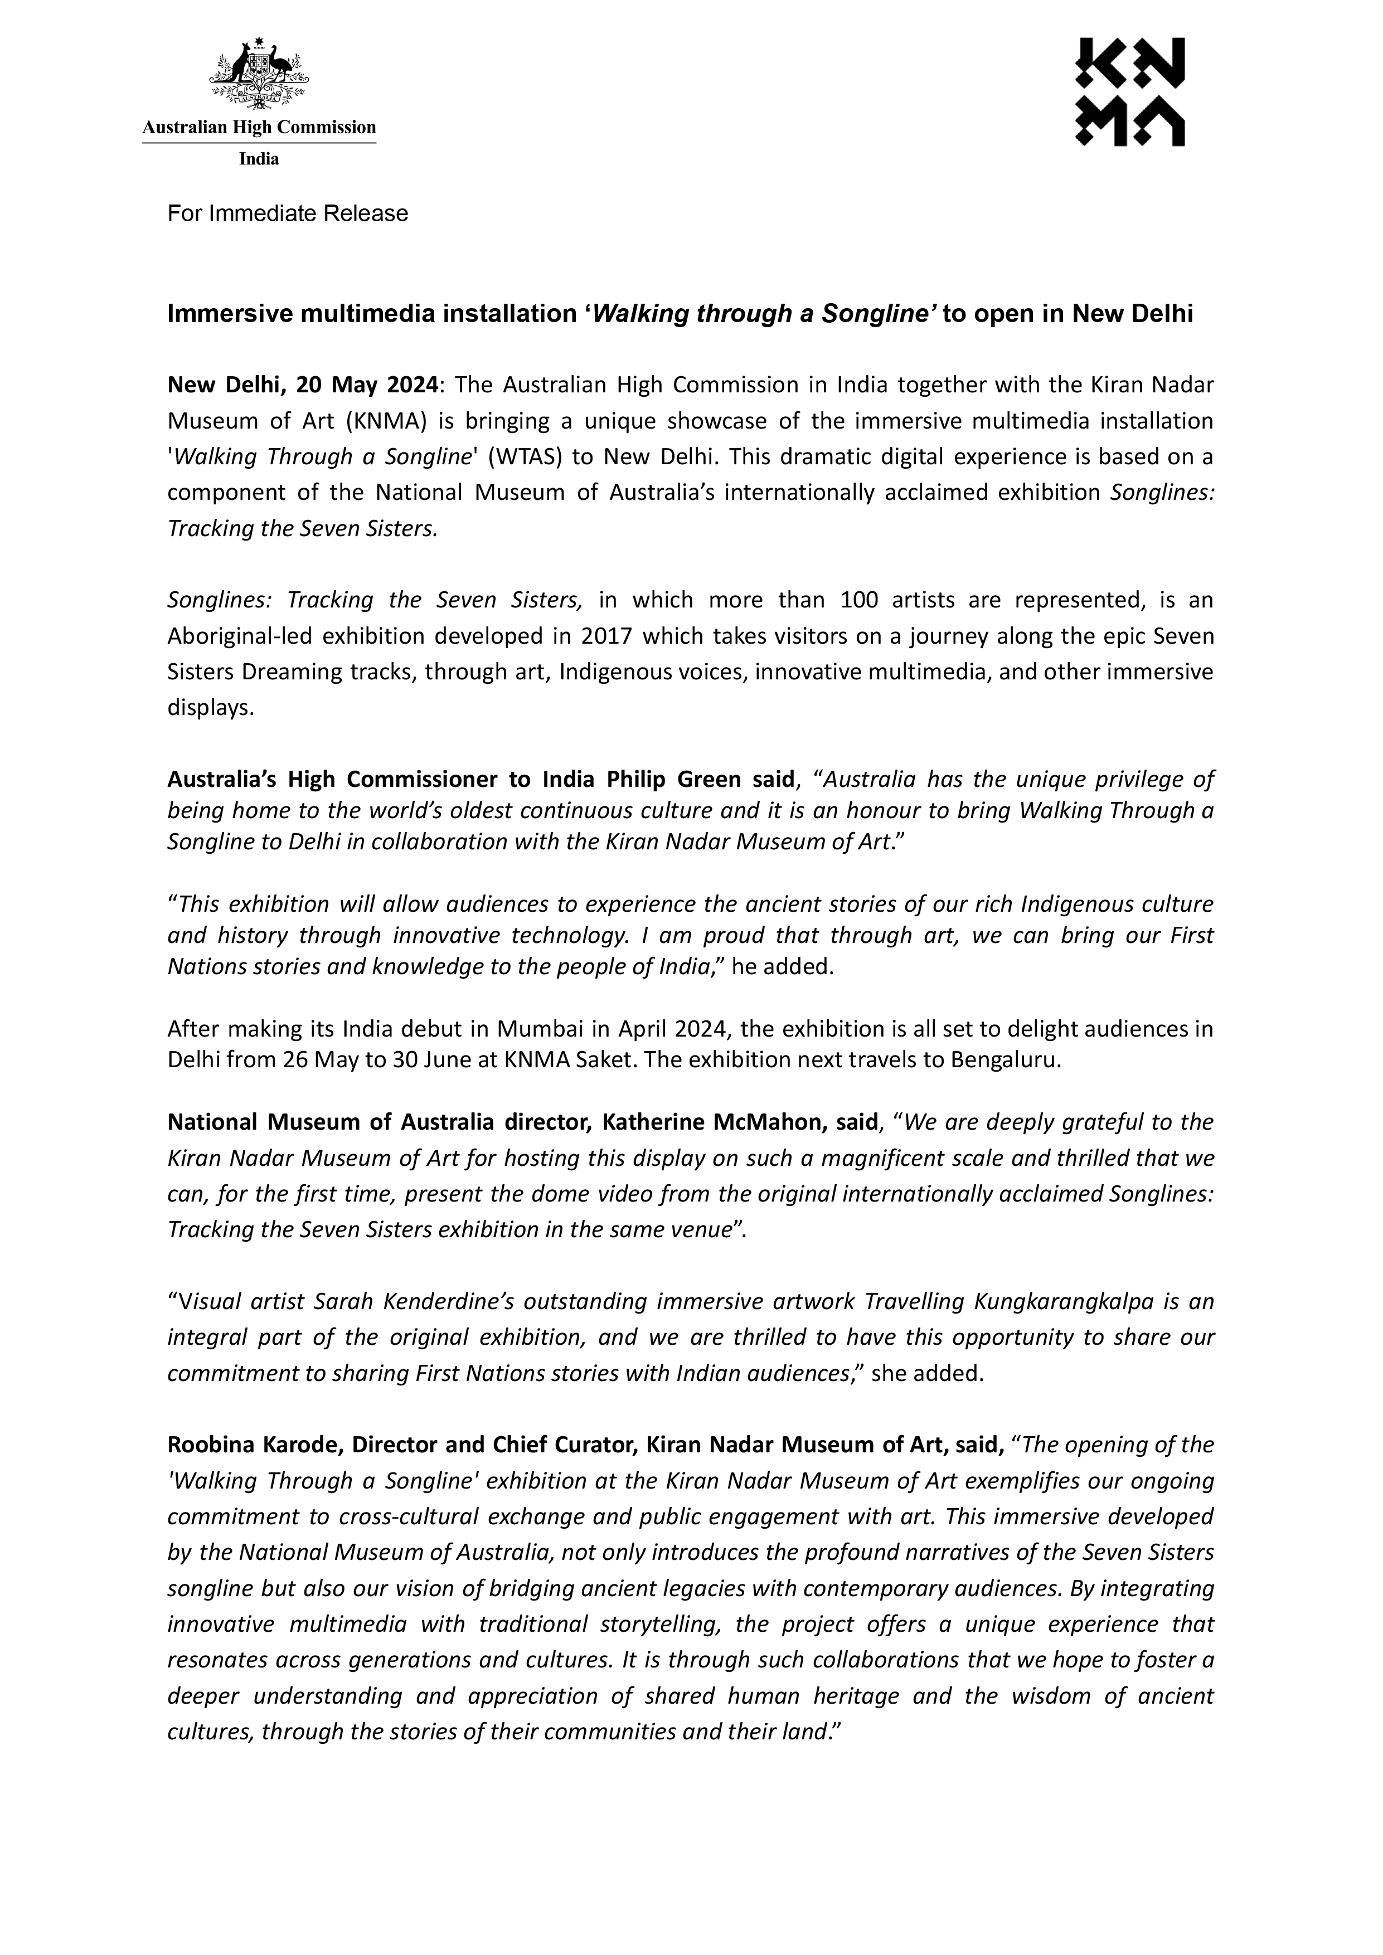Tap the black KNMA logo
[x=1129, y=92]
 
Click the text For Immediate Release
[x=288, y=213]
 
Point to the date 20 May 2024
[x=366, y=386]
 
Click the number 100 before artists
[x=859, y=600]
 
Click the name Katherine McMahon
[x=710, y=1122]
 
